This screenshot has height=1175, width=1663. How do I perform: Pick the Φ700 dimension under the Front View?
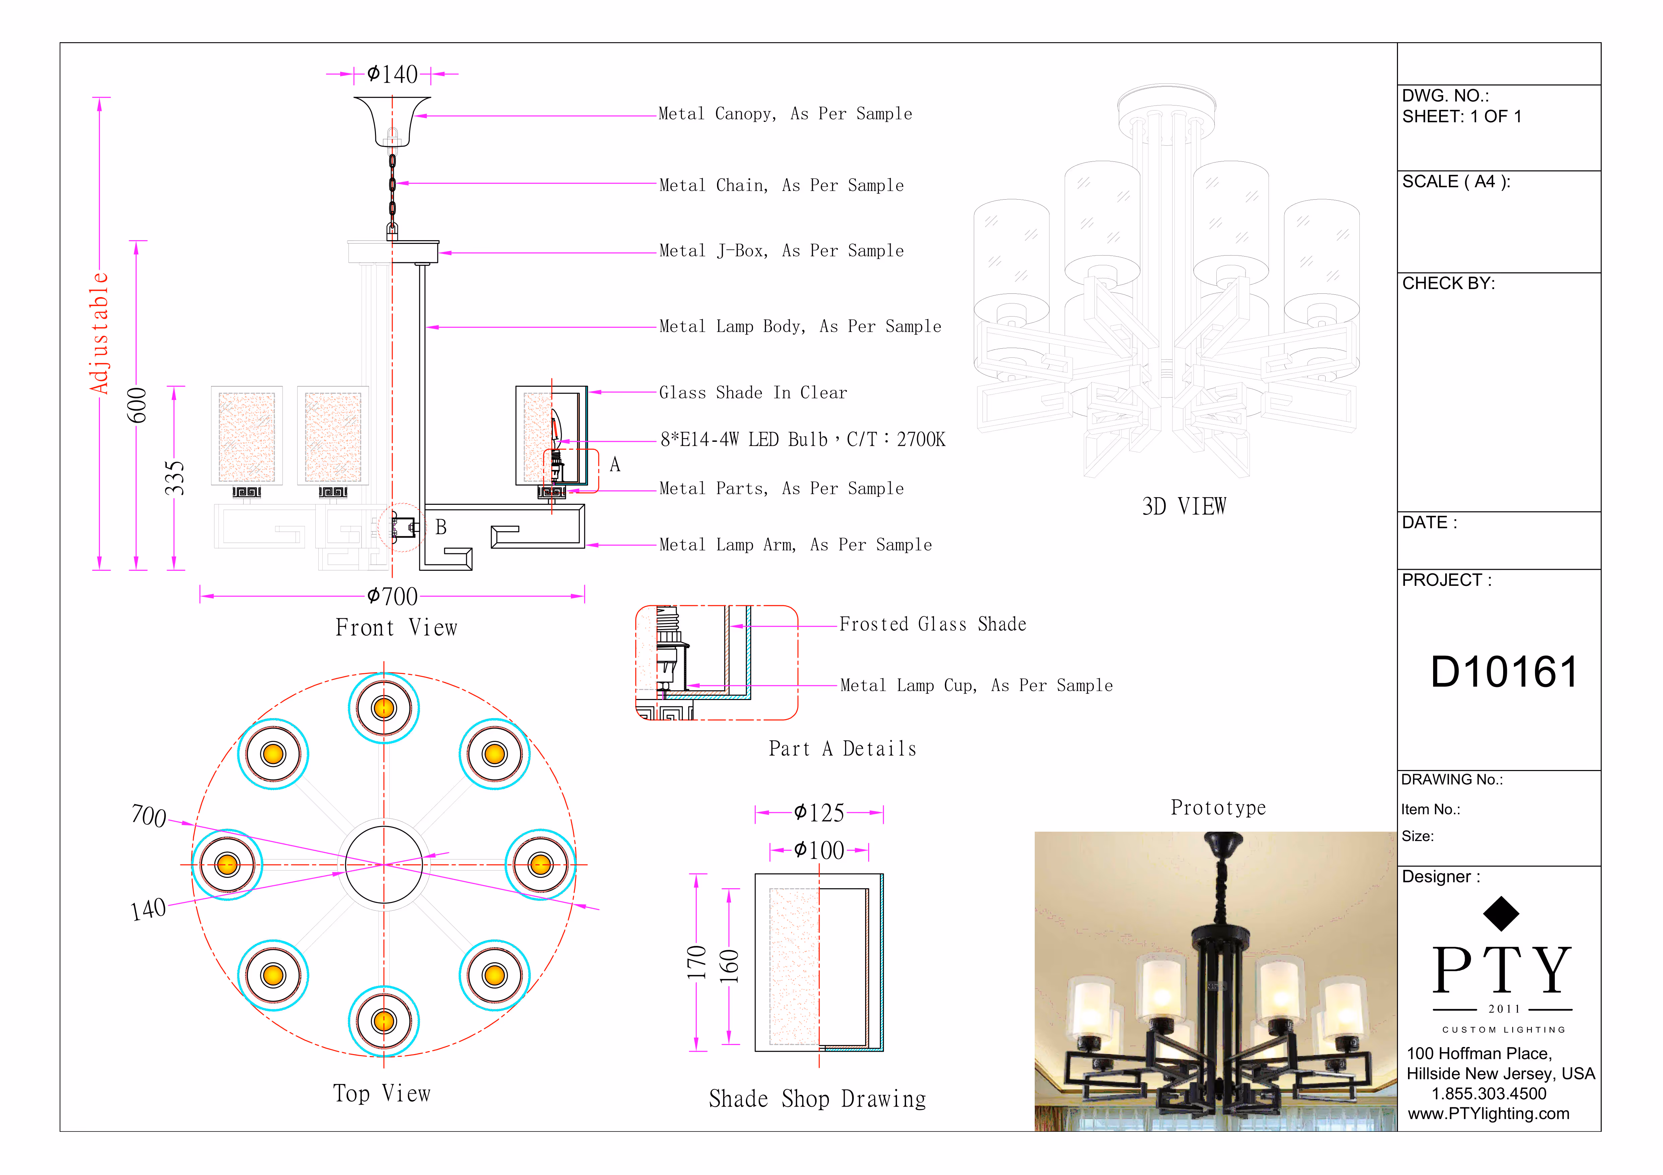[x=393, y=597]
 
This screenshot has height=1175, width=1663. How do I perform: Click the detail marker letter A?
[x=615, y=465]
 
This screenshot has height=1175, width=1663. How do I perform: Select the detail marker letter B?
[x=440, y=527]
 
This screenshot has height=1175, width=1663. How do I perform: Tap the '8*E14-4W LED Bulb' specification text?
[x=802, y=439]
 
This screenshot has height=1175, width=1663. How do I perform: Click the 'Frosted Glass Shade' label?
[x=932, y=624]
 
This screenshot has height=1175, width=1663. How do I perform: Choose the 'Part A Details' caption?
[x=842, y=749]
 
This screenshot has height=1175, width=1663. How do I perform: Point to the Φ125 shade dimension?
[x=819, y=813]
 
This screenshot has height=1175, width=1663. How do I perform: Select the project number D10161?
[x=1504, y=672]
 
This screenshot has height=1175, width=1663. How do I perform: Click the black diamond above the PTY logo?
[x=1501, y=914]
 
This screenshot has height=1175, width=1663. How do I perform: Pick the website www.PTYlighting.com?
[x=1488, y=1113]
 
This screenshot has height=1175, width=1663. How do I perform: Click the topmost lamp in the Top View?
[x=384, y=708]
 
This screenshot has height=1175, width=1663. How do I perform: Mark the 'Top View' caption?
[x=382, y=1093]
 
